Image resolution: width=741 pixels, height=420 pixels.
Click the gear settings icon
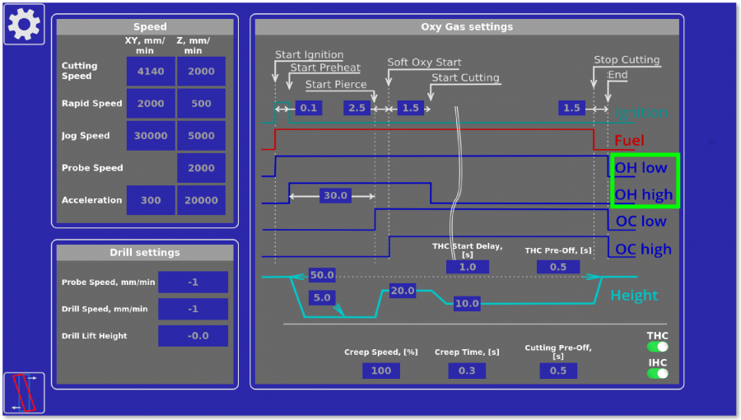pos(24,24)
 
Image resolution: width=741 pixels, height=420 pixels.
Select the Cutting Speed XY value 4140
pos(151,72)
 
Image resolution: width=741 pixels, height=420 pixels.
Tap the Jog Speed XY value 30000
pos(151,136)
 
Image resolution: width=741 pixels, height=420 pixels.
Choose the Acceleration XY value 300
pos(151,200)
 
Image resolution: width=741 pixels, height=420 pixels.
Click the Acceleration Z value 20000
pos(201,200)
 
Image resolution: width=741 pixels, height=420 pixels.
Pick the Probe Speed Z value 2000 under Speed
pos(201,168)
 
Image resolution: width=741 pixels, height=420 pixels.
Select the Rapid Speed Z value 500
pos(201,104)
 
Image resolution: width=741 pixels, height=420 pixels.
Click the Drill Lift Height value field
pos(193,336)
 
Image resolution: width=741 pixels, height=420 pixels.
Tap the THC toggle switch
pos(657,347)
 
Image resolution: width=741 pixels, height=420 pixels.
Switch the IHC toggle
pos(657,373)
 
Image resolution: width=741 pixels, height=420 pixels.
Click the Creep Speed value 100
pos(381,371)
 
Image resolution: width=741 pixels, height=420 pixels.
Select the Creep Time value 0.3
pos(467,371)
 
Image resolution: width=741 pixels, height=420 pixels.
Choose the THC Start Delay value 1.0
pos(467,267)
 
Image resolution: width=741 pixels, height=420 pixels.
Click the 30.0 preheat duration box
pos(335,196)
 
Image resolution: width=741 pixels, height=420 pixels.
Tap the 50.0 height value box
pos(322,275)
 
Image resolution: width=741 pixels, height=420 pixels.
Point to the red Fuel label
pos(629,140)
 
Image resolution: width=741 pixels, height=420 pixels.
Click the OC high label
pos(643,250)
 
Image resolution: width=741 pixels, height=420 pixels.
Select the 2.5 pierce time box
pos(357,108)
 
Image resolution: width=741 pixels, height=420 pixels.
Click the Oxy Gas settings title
pos(467,27)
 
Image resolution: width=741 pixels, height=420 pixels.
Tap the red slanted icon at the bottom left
pos(24,392)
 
